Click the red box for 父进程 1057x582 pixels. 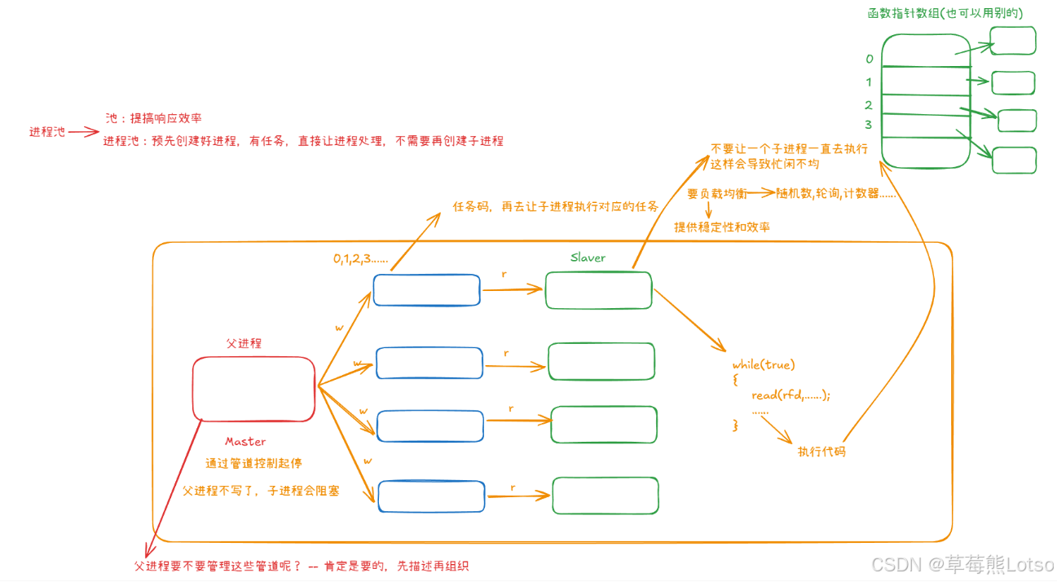(253, 389)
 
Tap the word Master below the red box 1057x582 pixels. (245, 442)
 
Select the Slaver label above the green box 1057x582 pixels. (588, 258)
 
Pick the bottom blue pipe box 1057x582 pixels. (431, 495)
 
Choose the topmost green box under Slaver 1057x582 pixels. (598, 290)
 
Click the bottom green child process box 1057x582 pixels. (606, 496)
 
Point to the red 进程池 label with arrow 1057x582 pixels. (47, 132)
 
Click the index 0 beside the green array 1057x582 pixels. (870, 60)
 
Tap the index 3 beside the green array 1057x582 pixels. (869, 125)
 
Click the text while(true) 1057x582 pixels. (764, 364)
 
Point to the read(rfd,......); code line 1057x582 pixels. (791, 395)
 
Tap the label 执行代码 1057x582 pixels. (821, 451)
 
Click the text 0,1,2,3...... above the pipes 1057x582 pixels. (360, 258)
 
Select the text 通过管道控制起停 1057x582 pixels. (253, 463)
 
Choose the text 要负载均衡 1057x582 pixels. (717, 194)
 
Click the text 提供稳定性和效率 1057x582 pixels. (722, 227)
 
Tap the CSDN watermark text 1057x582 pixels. (962, 564)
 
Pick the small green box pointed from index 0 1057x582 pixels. (1013, 41)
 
